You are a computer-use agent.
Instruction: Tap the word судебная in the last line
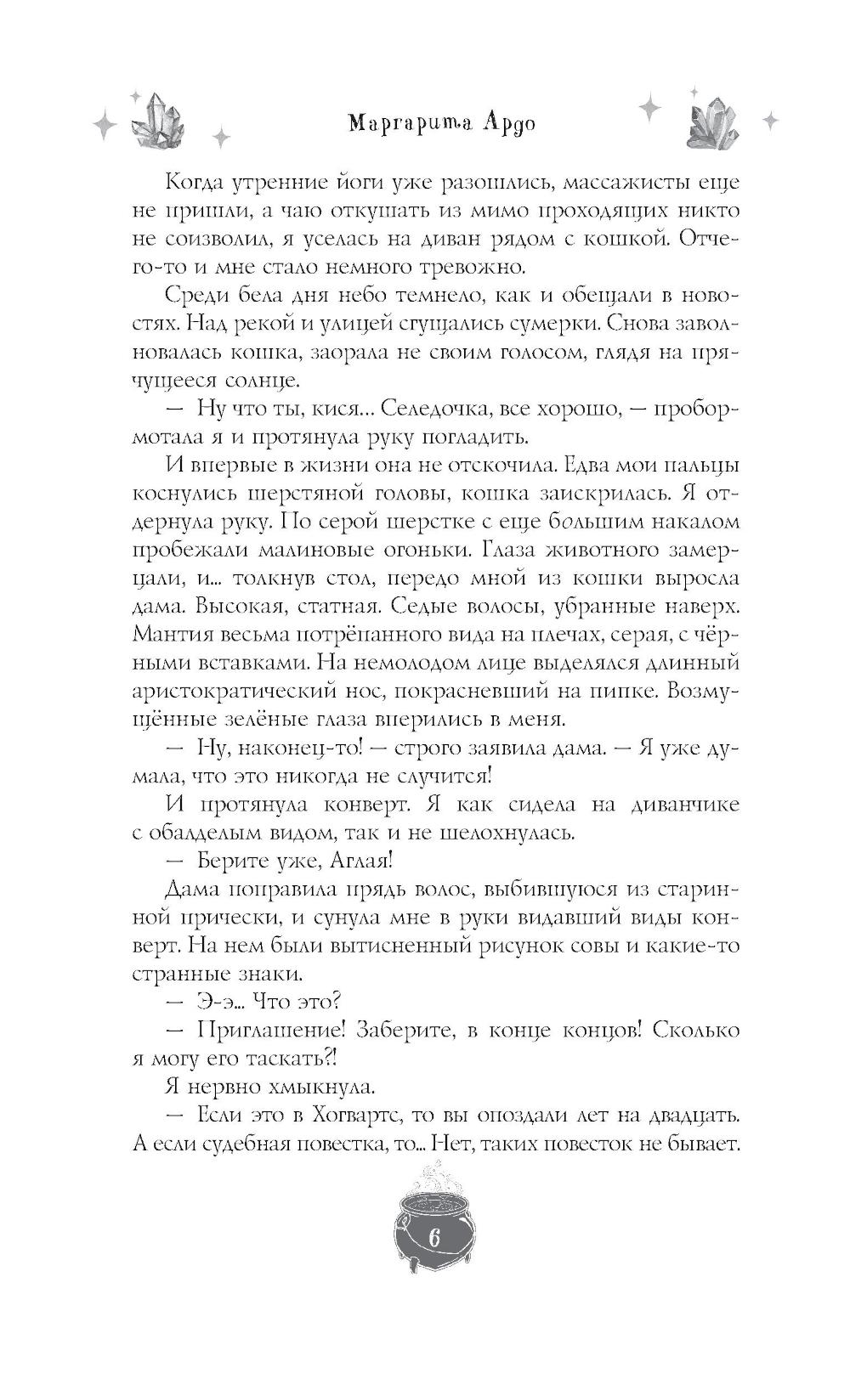click(x=269, y=1143)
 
